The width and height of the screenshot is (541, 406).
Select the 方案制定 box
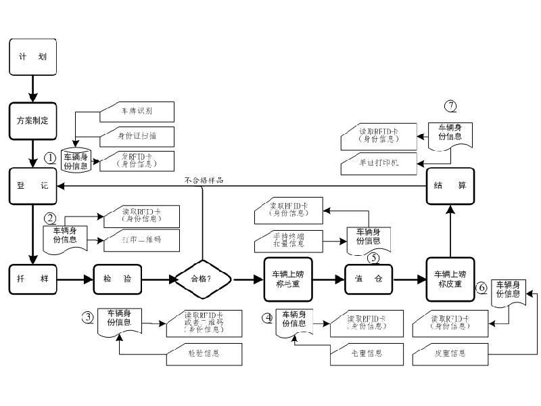pos(32,120)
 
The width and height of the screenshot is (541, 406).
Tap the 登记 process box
pos(32,185)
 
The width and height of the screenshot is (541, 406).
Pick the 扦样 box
pos(32,277)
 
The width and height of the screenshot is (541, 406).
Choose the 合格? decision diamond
pos(203,277)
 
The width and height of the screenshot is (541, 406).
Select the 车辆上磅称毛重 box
pos(288,277)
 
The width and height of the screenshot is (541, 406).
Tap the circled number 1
pos(50,157)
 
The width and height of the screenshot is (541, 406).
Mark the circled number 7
pos(450,106)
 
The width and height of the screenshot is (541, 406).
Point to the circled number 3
pos(88,317)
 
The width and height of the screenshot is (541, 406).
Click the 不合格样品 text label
pos(203,181)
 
